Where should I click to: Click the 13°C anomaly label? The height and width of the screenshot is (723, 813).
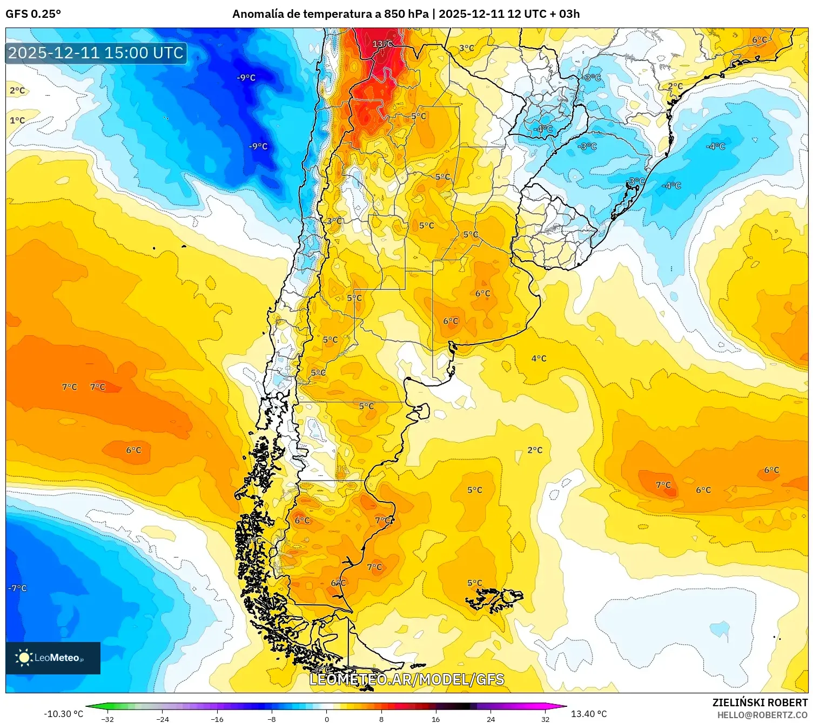click(382, 44)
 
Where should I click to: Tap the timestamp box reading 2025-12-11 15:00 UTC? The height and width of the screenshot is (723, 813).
click(96, 53)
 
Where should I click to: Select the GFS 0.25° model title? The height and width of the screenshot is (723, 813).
click(33, 14)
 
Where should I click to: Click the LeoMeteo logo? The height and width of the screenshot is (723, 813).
click(52, 658)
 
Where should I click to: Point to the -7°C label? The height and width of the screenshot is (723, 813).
click(18, 588)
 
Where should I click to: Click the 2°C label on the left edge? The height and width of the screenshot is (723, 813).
click(17, 90)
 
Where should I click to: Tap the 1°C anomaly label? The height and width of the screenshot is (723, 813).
click(17, 120)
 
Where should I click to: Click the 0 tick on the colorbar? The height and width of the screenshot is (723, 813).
click(326, 718)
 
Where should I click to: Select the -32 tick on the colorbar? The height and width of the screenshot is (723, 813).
click(107, 718)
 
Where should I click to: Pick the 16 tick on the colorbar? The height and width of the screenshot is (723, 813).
click(435, 718)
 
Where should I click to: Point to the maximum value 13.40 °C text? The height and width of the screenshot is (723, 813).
click(589, 714)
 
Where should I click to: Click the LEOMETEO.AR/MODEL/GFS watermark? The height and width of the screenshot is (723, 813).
click(407, 679)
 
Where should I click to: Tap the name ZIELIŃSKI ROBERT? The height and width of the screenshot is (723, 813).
click(760, 702)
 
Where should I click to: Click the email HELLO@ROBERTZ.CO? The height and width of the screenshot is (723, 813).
click(762, 715)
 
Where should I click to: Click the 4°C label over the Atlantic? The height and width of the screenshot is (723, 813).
click(539, 359)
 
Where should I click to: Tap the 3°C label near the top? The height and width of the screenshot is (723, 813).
click(467, 48)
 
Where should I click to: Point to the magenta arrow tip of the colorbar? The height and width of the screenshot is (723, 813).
click(563, 706)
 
